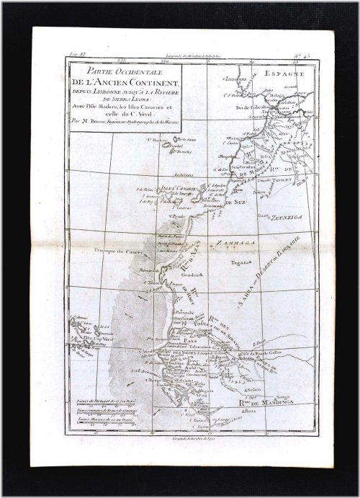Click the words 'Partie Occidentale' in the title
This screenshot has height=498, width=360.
pos(121,71)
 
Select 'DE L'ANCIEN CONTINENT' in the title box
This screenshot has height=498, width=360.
pos(121,81)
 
